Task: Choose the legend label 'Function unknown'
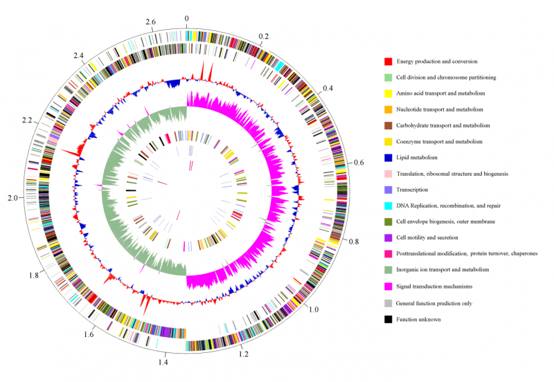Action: click(425, 320)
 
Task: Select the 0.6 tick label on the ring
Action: click(358, 163)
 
